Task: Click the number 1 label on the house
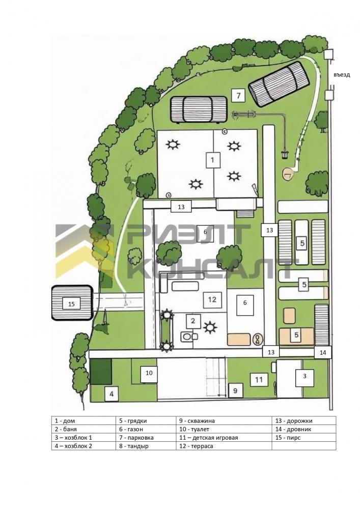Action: (x=213, y=160)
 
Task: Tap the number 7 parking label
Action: (x=238, y=96)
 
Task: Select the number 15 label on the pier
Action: (x=71, y=304)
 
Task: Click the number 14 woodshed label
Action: (x=323, y=353)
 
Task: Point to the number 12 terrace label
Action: (x=212, y=299)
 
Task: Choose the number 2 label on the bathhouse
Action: (x=193, y=321)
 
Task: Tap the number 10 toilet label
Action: (x=149, y=373)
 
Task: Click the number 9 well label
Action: (x=235, y=390)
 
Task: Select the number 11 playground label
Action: (x=259, y=380)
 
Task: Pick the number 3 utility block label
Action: (x=304, y=376)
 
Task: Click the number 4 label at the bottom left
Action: (x=112, y=394)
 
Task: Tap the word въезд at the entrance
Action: (x=342, y=75)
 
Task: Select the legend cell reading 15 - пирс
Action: (x=288, y=438)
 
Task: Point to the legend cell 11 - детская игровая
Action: (x=208, y=438)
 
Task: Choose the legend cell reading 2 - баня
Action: (x=66, y=429)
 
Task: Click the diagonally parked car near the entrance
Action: (x=278, y=84)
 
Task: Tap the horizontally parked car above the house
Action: (x=199, y=109)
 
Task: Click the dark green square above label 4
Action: (x=101, y=372)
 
